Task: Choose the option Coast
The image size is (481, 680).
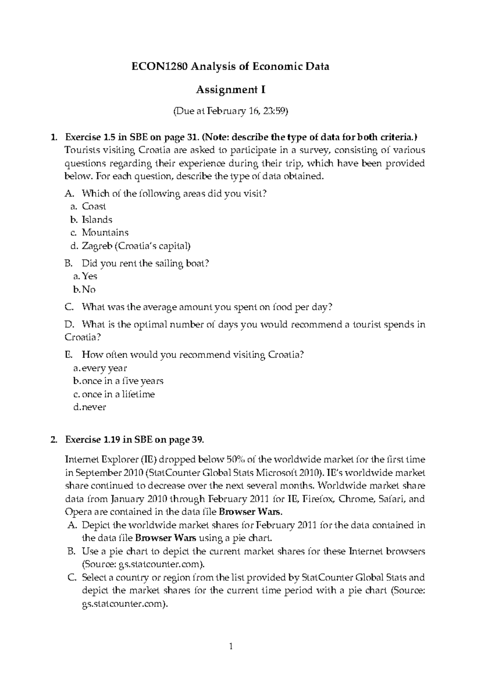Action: tap(94, 206)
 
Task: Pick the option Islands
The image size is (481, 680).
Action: tap(97, 220)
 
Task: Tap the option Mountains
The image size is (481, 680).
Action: tap(105, 233)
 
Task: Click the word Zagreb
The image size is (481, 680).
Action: tap(97, 246)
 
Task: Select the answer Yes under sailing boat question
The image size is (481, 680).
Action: tap(89, 276)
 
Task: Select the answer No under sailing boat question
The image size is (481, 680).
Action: tap(89, 289)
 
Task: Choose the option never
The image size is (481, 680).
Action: tap(94, 407)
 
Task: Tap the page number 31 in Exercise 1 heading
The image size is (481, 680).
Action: tap(192, 138)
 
